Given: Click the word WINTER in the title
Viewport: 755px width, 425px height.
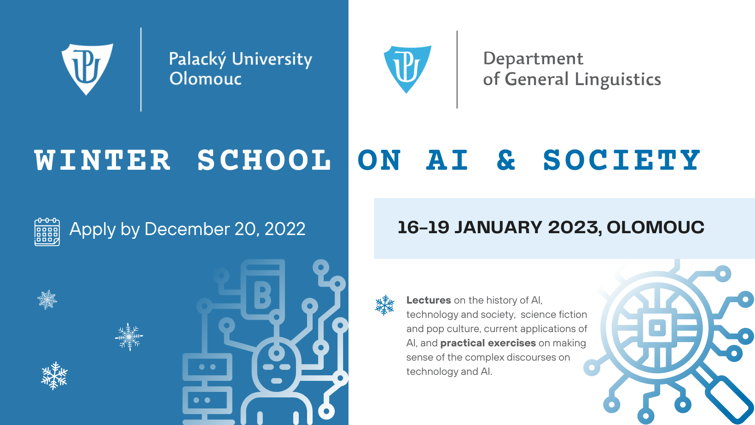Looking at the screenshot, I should click(x=102, y=160).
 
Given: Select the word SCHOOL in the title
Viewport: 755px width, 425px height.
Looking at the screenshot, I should click(x=264, y=160).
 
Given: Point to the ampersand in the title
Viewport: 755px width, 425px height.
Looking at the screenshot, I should click(x=506, y=160).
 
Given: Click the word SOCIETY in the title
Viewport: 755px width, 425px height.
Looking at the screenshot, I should click(x=621, y=160).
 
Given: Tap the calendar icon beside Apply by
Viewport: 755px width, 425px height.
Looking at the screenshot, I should click(x=47, y=232).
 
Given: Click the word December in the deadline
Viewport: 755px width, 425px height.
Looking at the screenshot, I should click(x=187, y=229).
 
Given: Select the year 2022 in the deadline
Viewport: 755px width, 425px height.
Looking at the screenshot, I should click(x=285, y=229).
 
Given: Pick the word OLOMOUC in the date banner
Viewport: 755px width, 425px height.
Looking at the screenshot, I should click(x=655, y=227).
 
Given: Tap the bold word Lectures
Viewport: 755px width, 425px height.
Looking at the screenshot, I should click(x=428, y=300).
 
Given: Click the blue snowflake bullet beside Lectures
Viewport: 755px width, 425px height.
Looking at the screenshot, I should click(x=385, y=305).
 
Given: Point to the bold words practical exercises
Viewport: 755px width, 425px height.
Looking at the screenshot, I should click(x=488, y=343).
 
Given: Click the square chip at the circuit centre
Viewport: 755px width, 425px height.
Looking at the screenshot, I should click(x=657, y=328).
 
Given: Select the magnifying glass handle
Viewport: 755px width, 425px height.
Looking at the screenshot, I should click(x=729, y=402).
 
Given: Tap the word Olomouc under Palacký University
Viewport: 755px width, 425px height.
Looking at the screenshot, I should click(x=205, y=79).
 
